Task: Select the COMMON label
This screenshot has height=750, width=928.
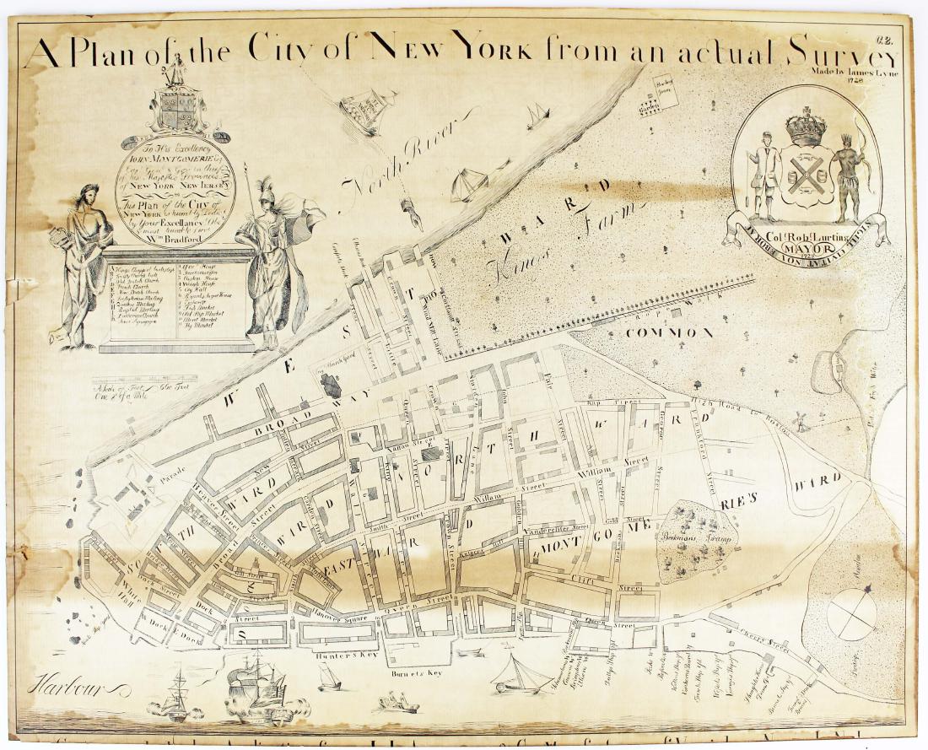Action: click(670, 332)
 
